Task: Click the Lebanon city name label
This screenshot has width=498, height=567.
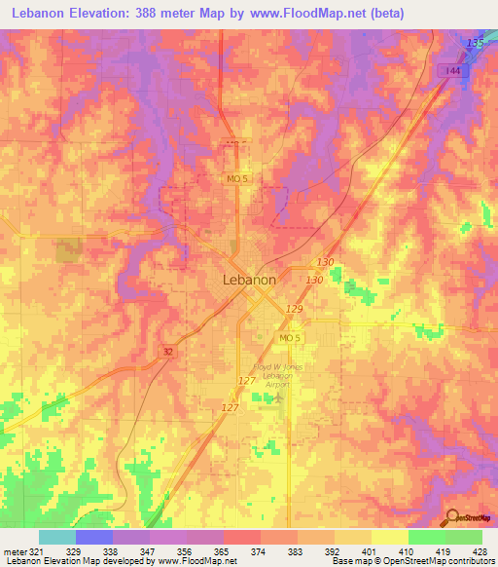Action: point(243,279)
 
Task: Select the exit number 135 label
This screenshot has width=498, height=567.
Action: point(474,44)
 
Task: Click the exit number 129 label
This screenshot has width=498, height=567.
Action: point(295,308)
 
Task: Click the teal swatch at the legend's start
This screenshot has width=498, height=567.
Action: point(56,537)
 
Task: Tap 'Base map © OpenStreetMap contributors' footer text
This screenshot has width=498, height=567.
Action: point(412,561)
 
